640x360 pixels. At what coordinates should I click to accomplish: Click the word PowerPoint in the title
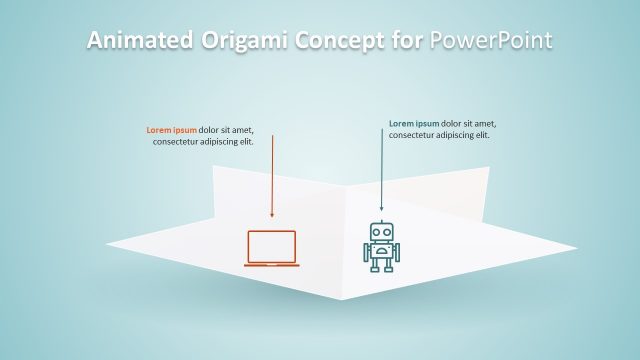(x=491, y=40)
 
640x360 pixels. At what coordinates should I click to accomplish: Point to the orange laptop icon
(x=272, y=248)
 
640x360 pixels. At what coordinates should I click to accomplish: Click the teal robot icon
(x=380, y=247)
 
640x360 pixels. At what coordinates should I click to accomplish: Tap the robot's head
(x=380, y=233)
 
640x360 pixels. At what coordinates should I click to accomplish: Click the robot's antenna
(x=380, y=222)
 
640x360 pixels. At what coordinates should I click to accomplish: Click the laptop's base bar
(x=272, y=264)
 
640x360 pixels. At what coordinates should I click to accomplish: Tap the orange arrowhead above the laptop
(x=272, y=213)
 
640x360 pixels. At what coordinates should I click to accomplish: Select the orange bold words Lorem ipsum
(x=171, y=130)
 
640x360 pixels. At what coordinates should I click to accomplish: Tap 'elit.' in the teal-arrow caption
(x=481, y=135)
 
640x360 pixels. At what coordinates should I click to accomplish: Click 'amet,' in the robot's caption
(x=485, y=124)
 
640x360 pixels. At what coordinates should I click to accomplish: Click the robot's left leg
(x=375, y=264)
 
